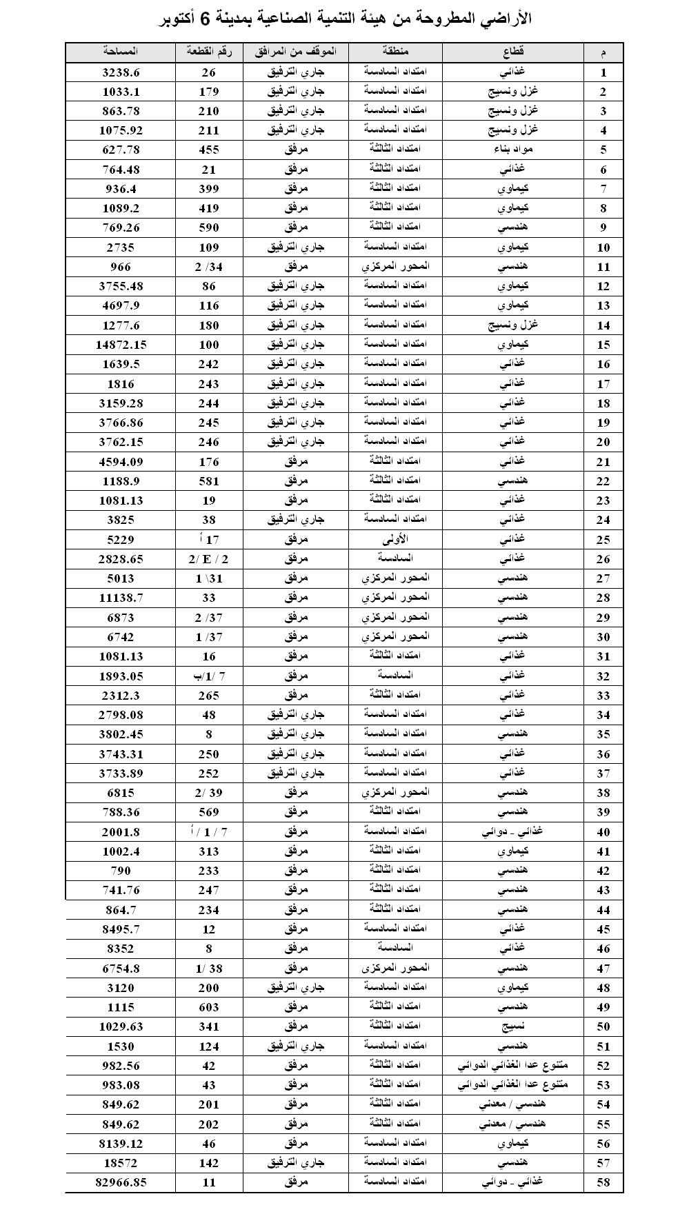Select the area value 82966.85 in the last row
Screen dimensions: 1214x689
click(121, 1182)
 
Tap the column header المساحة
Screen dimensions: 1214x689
click(121, 52)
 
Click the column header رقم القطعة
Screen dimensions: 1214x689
click(209, 52)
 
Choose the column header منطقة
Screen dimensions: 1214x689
click(395, 52)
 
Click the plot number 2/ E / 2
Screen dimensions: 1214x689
click(209, 559)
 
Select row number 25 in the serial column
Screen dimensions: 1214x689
click(603, 540)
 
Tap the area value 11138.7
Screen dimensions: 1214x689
click(121, 598)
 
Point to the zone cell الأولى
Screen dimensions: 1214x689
click(395, 539)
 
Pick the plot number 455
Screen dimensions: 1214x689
click(209, 150)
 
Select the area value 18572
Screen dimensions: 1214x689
click(121, 1163)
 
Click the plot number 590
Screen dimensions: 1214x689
click(209, 227)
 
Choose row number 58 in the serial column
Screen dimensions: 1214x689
click(603, 1183)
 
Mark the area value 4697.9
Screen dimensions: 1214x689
click(121, 305)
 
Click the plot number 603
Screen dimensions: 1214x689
click(209, 1007)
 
